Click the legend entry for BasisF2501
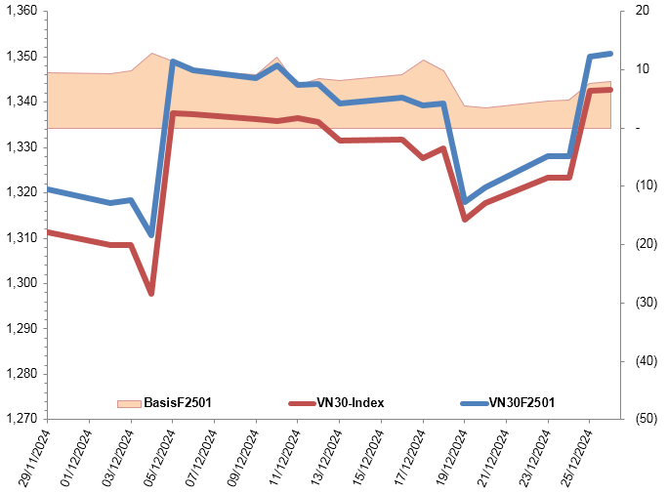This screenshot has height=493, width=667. pos(178,402)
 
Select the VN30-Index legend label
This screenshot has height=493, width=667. pos(351,402)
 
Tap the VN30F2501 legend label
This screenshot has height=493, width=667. pos(521,402)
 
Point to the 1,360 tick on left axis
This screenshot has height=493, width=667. pos(21,11)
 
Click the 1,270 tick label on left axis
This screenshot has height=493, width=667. pos(21,419)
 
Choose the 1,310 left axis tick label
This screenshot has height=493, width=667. pos(21,237)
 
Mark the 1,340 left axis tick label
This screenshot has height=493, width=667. pos(21,102)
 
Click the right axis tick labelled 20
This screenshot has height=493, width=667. pos(642,11)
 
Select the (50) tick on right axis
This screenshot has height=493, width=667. pos(642,419)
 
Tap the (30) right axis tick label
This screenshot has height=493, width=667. pos(642,303)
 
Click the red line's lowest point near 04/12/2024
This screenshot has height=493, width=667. pos(151,293)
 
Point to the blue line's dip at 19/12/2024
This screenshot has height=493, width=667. pos(465,202)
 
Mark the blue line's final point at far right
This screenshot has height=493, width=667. pos(610,54)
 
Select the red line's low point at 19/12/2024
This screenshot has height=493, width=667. pos(465,220)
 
